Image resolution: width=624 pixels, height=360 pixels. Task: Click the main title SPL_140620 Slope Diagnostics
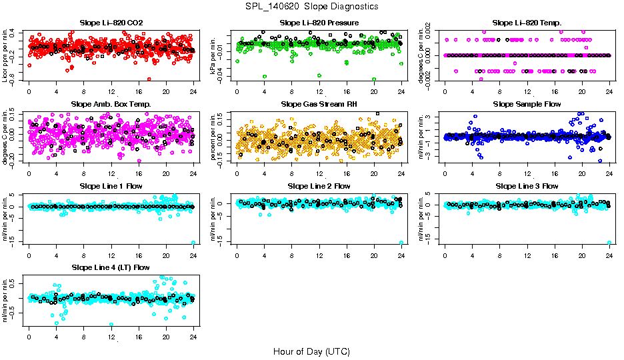(311, 6)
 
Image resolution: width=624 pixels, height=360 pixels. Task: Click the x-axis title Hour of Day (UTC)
(311, 351)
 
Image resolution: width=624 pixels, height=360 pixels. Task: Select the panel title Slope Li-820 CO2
(111, 23)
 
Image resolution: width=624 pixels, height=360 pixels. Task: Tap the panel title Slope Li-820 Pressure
(319, 23)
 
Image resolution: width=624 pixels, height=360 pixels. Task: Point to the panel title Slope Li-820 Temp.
(527, 23)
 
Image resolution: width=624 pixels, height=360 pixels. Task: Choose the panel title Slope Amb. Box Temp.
(111, 104)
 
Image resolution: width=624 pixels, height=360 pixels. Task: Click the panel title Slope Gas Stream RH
(319, 104)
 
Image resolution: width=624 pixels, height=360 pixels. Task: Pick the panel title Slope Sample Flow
(527, 104)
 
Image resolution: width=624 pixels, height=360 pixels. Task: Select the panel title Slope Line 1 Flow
(111, 185)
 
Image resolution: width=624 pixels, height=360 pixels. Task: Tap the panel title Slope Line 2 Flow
(319, 185)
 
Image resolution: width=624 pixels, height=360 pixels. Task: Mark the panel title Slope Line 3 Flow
(527, 185)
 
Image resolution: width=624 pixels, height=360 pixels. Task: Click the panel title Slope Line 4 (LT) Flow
(111, 267)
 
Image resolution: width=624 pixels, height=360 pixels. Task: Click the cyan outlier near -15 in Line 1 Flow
(193, 243)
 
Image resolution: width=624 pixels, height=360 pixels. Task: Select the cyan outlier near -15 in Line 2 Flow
(401, 243)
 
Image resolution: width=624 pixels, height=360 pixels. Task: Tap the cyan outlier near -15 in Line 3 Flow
(609, 243)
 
